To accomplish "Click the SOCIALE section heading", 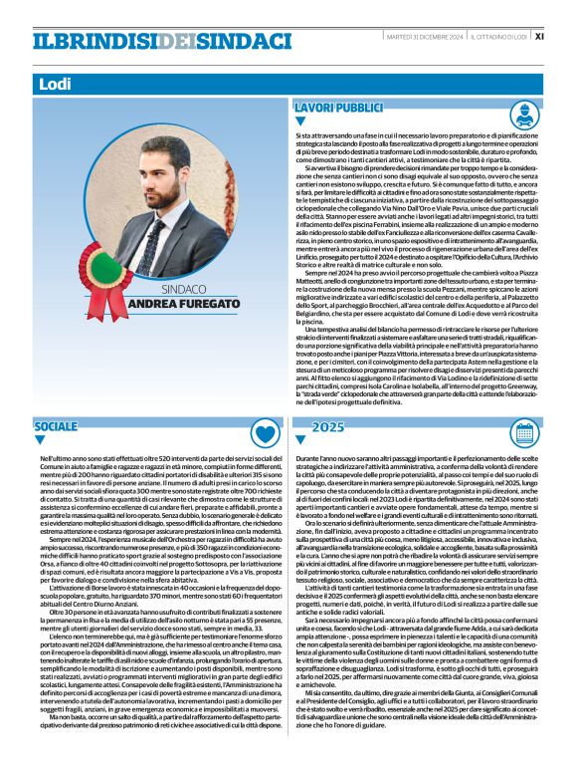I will click(x=56, y=425).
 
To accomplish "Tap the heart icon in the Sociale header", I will click(x=262, y=432).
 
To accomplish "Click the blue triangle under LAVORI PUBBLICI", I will click(x=301, y=123).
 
